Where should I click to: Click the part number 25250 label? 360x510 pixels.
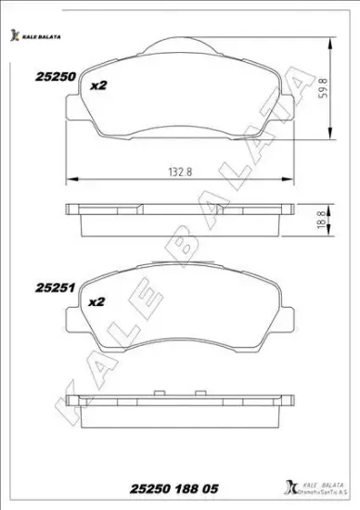[56, 77]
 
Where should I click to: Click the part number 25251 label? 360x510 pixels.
[56, 287]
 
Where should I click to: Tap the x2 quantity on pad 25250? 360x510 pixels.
[98, 85]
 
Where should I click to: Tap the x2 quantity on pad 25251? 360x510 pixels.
[96, 301]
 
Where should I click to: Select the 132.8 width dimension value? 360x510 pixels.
[180, 172]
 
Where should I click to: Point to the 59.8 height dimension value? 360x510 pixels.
[324, 88]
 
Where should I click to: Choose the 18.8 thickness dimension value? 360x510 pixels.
[322, 220]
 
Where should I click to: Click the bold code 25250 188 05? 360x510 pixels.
[174, 489]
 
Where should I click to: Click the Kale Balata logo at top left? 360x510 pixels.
[35, 36]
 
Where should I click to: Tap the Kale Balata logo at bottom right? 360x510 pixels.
[315, 489]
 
